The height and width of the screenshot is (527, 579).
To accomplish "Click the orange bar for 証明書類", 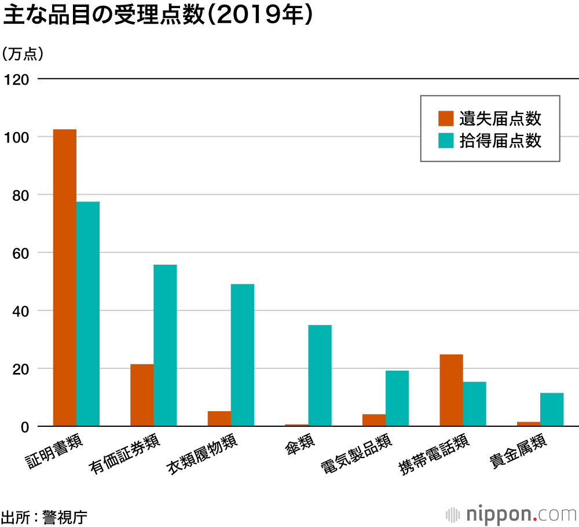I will [65, 278].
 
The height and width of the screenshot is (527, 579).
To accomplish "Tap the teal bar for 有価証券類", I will [165, 345].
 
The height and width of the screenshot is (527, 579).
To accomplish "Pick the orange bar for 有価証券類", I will [142, 395].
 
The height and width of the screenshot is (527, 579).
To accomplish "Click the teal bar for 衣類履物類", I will [243, 355].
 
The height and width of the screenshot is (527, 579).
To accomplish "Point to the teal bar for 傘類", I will [320, 375].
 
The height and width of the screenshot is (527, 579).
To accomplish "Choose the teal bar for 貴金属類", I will [552, 409].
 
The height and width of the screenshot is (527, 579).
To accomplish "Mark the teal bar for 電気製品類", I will [397, 398].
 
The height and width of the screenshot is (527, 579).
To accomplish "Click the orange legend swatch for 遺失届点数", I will [446, 118].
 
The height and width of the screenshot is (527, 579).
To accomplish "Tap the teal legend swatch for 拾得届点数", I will [446, 140].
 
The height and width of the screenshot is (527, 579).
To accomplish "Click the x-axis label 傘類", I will [299, 445].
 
